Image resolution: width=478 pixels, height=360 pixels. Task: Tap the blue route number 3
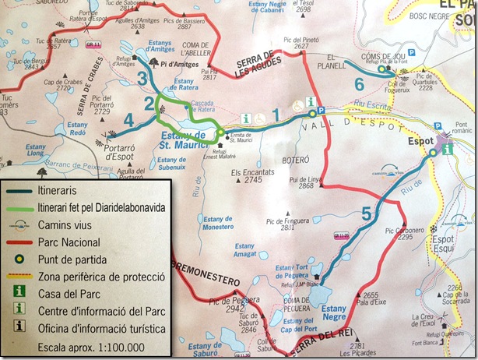click(142, 77)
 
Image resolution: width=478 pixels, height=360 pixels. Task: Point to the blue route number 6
click(359, 82)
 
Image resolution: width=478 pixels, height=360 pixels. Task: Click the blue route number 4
click(128, 119)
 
